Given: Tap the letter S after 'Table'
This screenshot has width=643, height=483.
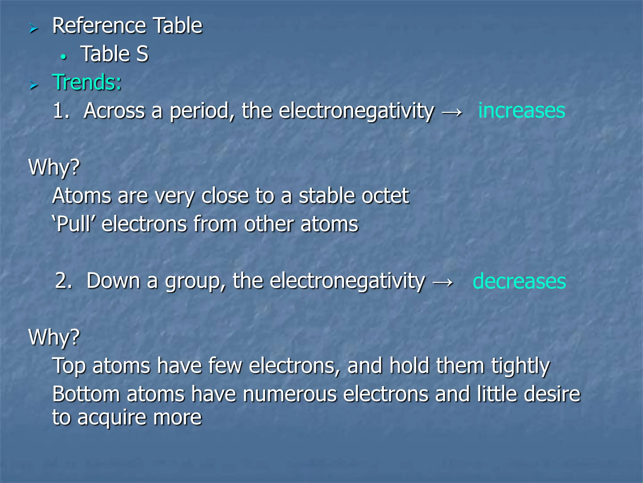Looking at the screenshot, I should (142, 54).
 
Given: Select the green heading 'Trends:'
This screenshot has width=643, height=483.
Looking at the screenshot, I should (87, 82).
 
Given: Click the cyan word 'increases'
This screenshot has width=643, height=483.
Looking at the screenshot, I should (521, 111).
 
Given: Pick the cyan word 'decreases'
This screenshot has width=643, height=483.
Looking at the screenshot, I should (519, 281).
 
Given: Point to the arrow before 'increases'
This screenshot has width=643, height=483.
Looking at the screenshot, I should (452, 112).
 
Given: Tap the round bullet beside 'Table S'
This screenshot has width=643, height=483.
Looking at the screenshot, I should (64, 57).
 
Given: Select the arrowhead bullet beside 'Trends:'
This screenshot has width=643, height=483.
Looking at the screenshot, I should (33, 85).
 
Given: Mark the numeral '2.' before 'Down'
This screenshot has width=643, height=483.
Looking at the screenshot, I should (64, 281).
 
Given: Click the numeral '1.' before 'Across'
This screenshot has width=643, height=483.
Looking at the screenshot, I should (61, 111).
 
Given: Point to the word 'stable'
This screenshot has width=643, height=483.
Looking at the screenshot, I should (327, 196).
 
